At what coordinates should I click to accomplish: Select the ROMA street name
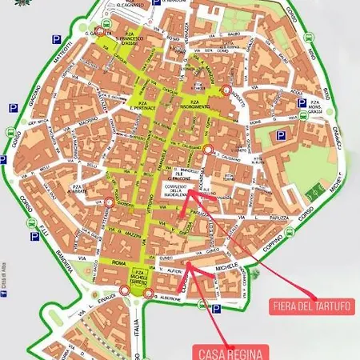point(119,262)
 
